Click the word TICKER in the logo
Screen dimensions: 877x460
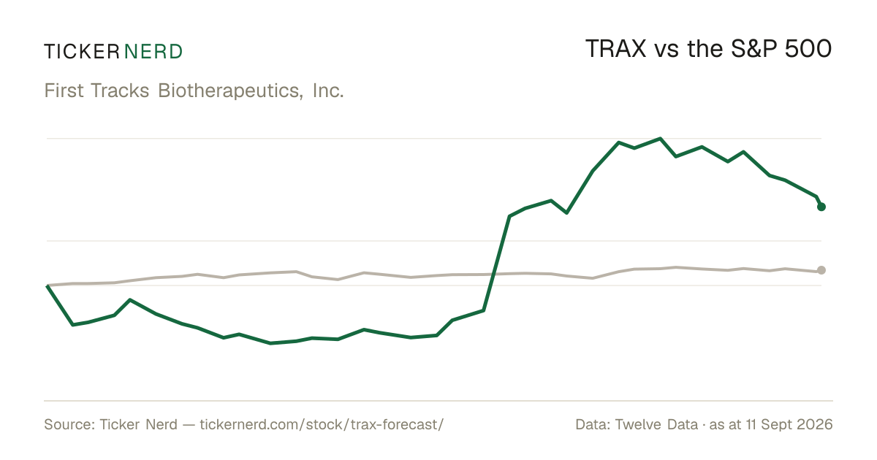pyautogui.click(x=82, y=52)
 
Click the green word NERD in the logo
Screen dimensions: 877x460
pyautogui.click(x=153, y=52)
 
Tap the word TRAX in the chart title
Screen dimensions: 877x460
pyautogui.click(x=615, y=49)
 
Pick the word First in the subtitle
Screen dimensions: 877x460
pyautogui.click(x=64, y=91)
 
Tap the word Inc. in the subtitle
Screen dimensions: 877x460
pyautogui.click(x=328, y=91)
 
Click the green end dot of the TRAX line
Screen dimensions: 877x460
pyautogui.click(x=821, y=207)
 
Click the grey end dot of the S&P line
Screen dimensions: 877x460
pyautogui.click(x=821, y=270)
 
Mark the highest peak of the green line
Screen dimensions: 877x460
pyautogui.click(x=660, y=139)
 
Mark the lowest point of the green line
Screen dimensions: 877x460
pyautogui.click(x=270, y=343)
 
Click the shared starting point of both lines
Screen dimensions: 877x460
pyautogui.click(x=47, y=285)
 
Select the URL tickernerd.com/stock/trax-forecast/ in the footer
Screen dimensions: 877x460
pyautogui.click(x=322, y=424)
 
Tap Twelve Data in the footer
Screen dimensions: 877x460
pyautogui.click(x=656, y=424)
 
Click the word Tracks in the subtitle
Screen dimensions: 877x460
pyautogui.click(x=120, y=91)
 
